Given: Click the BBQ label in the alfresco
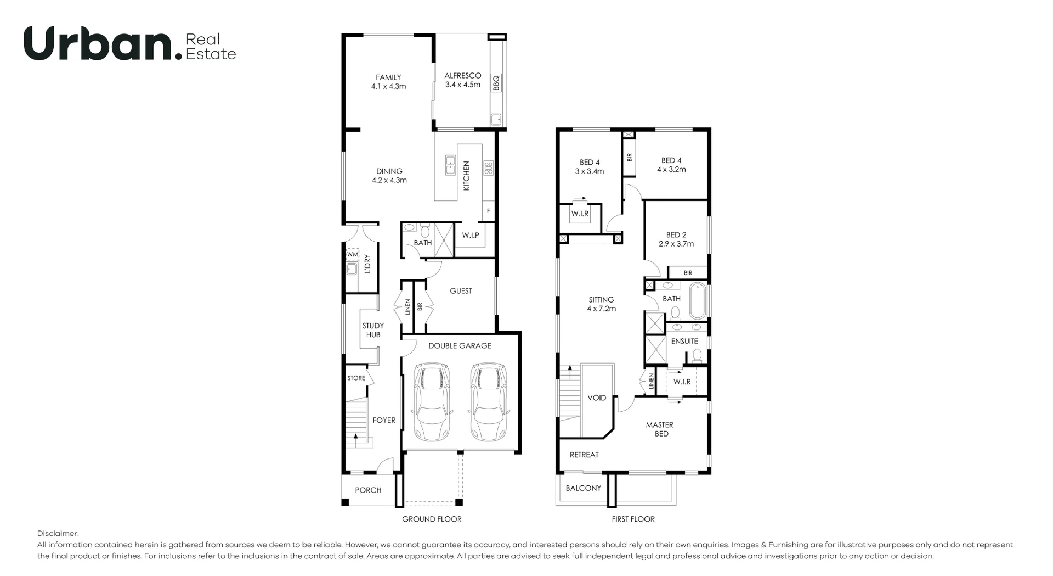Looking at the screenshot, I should click(x=496, y=83).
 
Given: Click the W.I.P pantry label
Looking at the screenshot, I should click(x=471, y=236).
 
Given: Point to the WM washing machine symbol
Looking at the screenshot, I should click(x=352, y=255).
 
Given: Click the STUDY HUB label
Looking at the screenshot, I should click(x=373, y=330).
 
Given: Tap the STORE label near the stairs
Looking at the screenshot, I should click(x=356, y=378).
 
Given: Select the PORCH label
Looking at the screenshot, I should click(x=368, y=490).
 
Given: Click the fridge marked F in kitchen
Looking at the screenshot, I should click(x=488, y=211).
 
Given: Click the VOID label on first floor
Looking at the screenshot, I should click(x=597, y=398).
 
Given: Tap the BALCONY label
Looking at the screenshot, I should click(x=583, y=488).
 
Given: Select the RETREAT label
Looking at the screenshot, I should click(x=584, y=455).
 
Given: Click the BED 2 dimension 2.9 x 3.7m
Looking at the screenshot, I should click(x=676, y=244).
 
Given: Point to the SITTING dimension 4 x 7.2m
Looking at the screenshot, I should click(x=601, y=309).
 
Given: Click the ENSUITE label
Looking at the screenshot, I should click(x=684, y=341).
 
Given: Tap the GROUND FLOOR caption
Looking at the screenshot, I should click(x=432, y=519).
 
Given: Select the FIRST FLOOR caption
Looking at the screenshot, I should click(x=633, y=519).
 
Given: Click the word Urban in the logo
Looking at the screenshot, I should click(x=99, y=44).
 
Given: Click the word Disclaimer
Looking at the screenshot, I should click(x=58, y=533).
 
